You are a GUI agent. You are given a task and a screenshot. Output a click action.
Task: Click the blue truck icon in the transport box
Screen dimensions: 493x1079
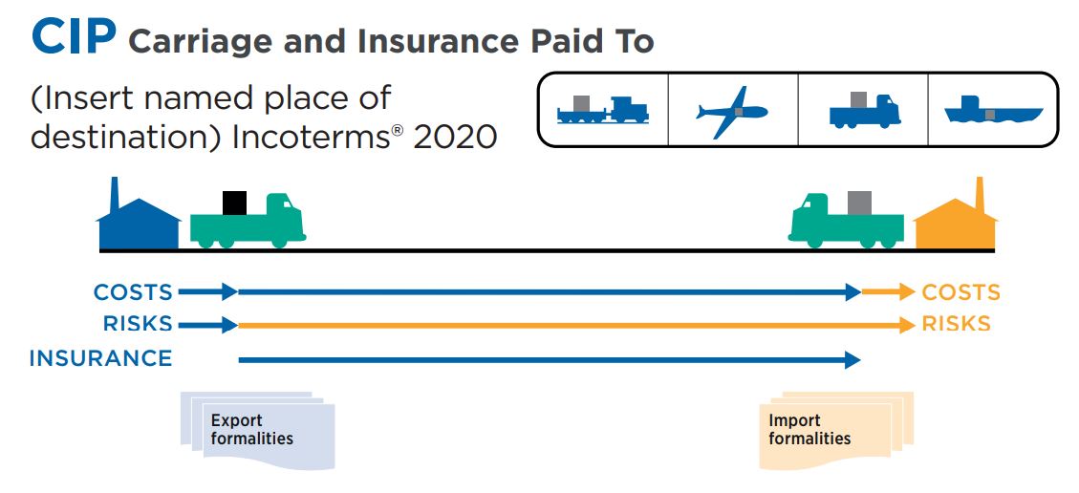click(x=863, y=110)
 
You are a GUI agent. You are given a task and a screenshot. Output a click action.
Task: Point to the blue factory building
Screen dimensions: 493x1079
click(x=138, y=221)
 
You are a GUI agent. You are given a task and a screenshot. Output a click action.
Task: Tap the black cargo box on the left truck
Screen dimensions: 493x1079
click(x=234, y=203)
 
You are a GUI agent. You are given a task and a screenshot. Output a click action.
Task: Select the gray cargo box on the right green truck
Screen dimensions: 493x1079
click(x=859, y=203)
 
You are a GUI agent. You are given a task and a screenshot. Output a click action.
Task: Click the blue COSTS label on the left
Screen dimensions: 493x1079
click(x=133, y=292)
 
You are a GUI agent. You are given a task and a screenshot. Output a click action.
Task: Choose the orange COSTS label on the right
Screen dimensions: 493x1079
click(x=960, y=292)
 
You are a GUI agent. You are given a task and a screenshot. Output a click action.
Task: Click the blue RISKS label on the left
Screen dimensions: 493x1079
click(x=139, y=324)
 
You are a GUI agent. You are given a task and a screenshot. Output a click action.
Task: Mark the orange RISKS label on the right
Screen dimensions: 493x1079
click(x=956, y=324)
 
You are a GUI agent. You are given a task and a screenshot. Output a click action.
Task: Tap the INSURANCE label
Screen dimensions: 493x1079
click(x=100, y=358)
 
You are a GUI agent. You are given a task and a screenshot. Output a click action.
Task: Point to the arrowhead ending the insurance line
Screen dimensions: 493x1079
click(x=853, y=360)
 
